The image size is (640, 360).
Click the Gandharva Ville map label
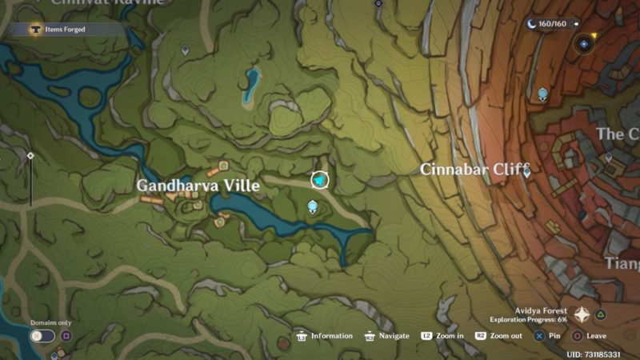coord(198,186)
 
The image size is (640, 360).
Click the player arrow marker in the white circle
coord(320,181)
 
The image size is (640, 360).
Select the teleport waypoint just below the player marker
coord(313,207)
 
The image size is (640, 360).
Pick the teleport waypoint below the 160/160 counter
coord(543,94)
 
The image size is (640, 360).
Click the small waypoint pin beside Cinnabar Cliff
coord(526,171)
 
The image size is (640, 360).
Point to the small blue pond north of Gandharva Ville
coord(252,82)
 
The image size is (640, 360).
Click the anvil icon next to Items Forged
coord(34,30)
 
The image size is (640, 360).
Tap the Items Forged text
coord(65,30)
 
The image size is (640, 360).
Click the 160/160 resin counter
coord(552,24)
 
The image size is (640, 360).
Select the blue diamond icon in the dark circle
coord(584,44)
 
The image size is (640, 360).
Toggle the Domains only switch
coord(42,336)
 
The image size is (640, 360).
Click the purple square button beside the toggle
coord(66,336)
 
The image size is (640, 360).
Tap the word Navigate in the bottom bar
coord(394,336)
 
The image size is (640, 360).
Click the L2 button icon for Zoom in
coord(427,336)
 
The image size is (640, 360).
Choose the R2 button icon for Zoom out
coord(481,336)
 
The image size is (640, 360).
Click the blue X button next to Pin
coord(539,336)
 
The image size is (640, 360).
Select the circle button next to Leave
coord(576,336)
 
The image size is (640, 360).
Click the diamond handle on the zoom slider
coord(30,155)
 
